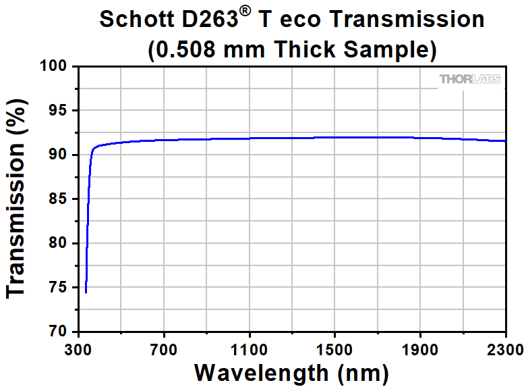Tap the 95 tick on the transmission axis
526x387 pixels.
click(61, 111)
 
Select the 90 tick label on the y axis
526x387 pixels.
click(61, 155)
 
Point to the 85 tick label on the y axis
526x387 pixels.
click(61, 199)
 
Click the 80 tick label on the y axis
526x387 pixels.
click(61, 244)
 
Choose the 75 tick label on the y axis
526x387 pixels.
click(61, 288)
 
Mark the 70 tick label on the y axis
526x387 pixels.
click(61, 332)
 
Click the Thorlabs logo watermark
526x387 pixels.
click(470, 80)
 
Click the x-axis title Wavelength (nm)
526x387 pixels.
click(291, 372)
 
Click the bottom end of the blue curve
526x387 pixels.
click(86, 292)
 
